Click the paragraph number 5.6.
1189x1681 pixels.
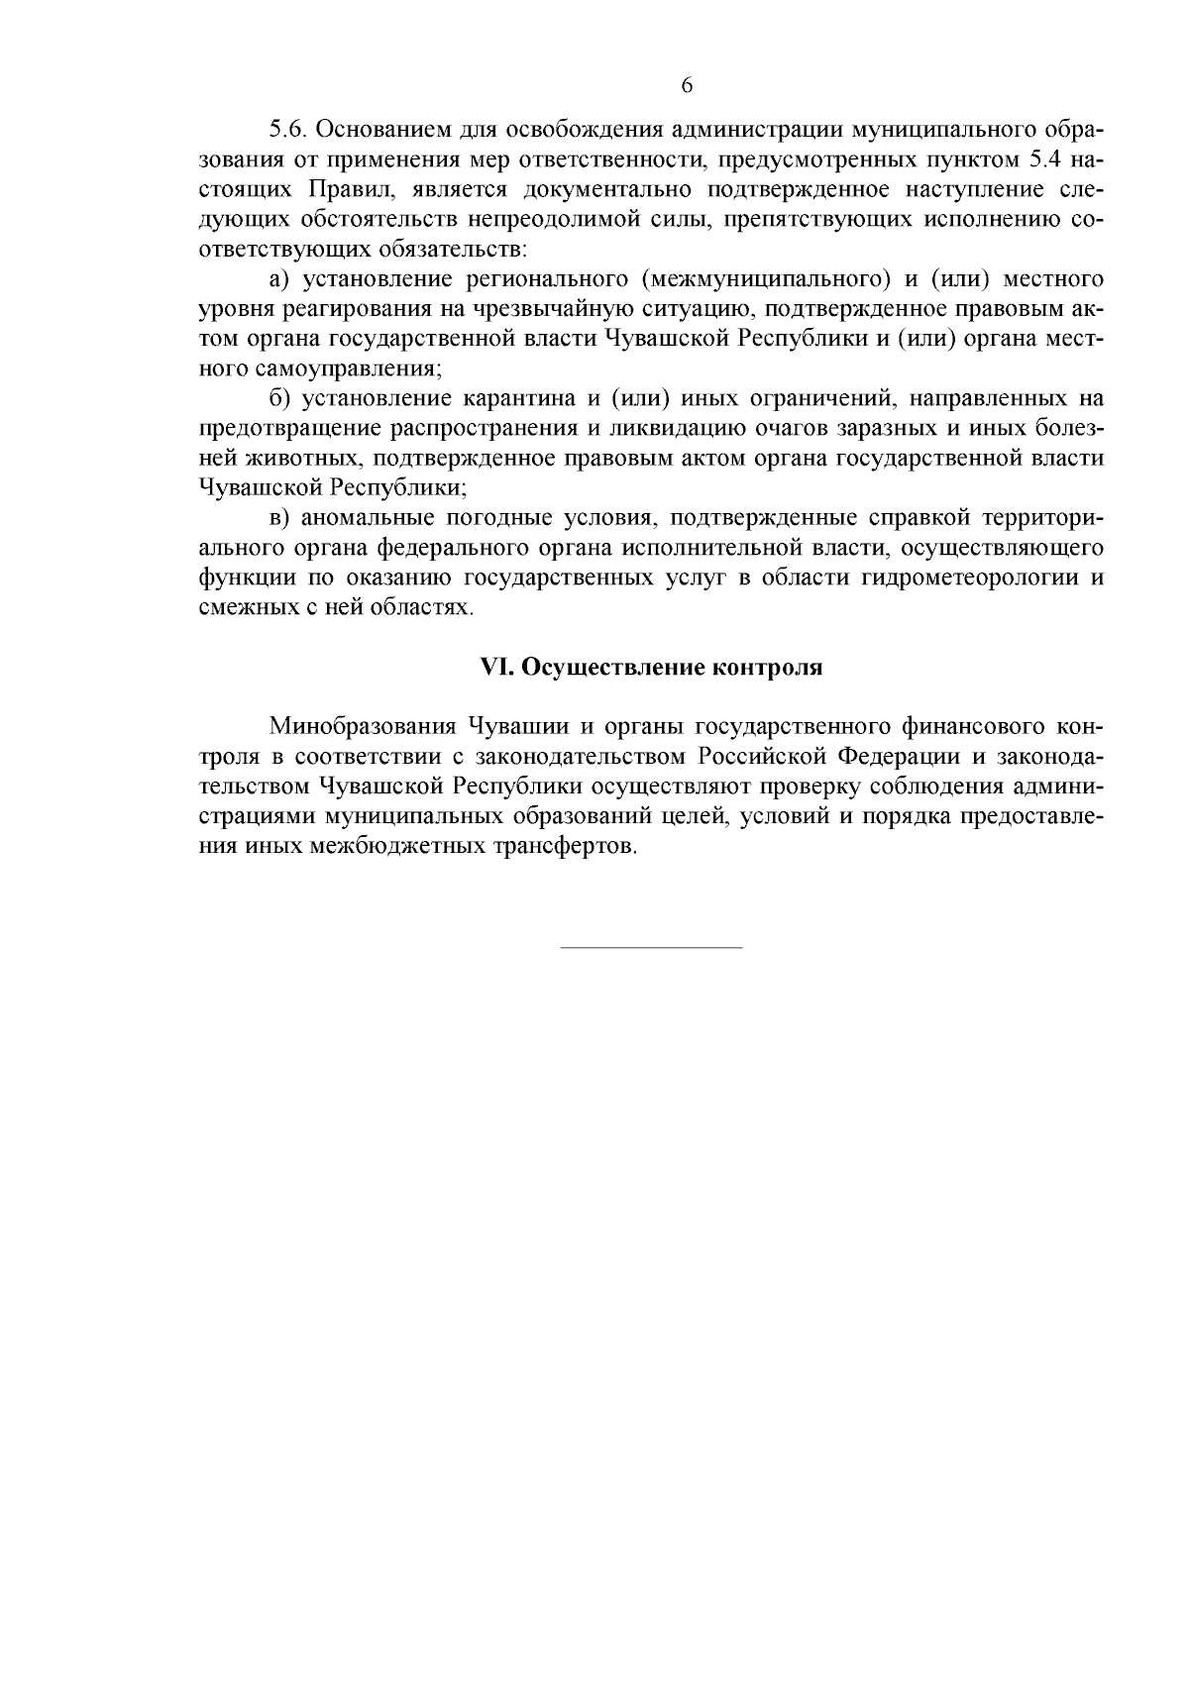(x=287, y=130)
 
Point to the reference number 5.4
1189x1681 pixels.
(x=1036, y=159)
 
